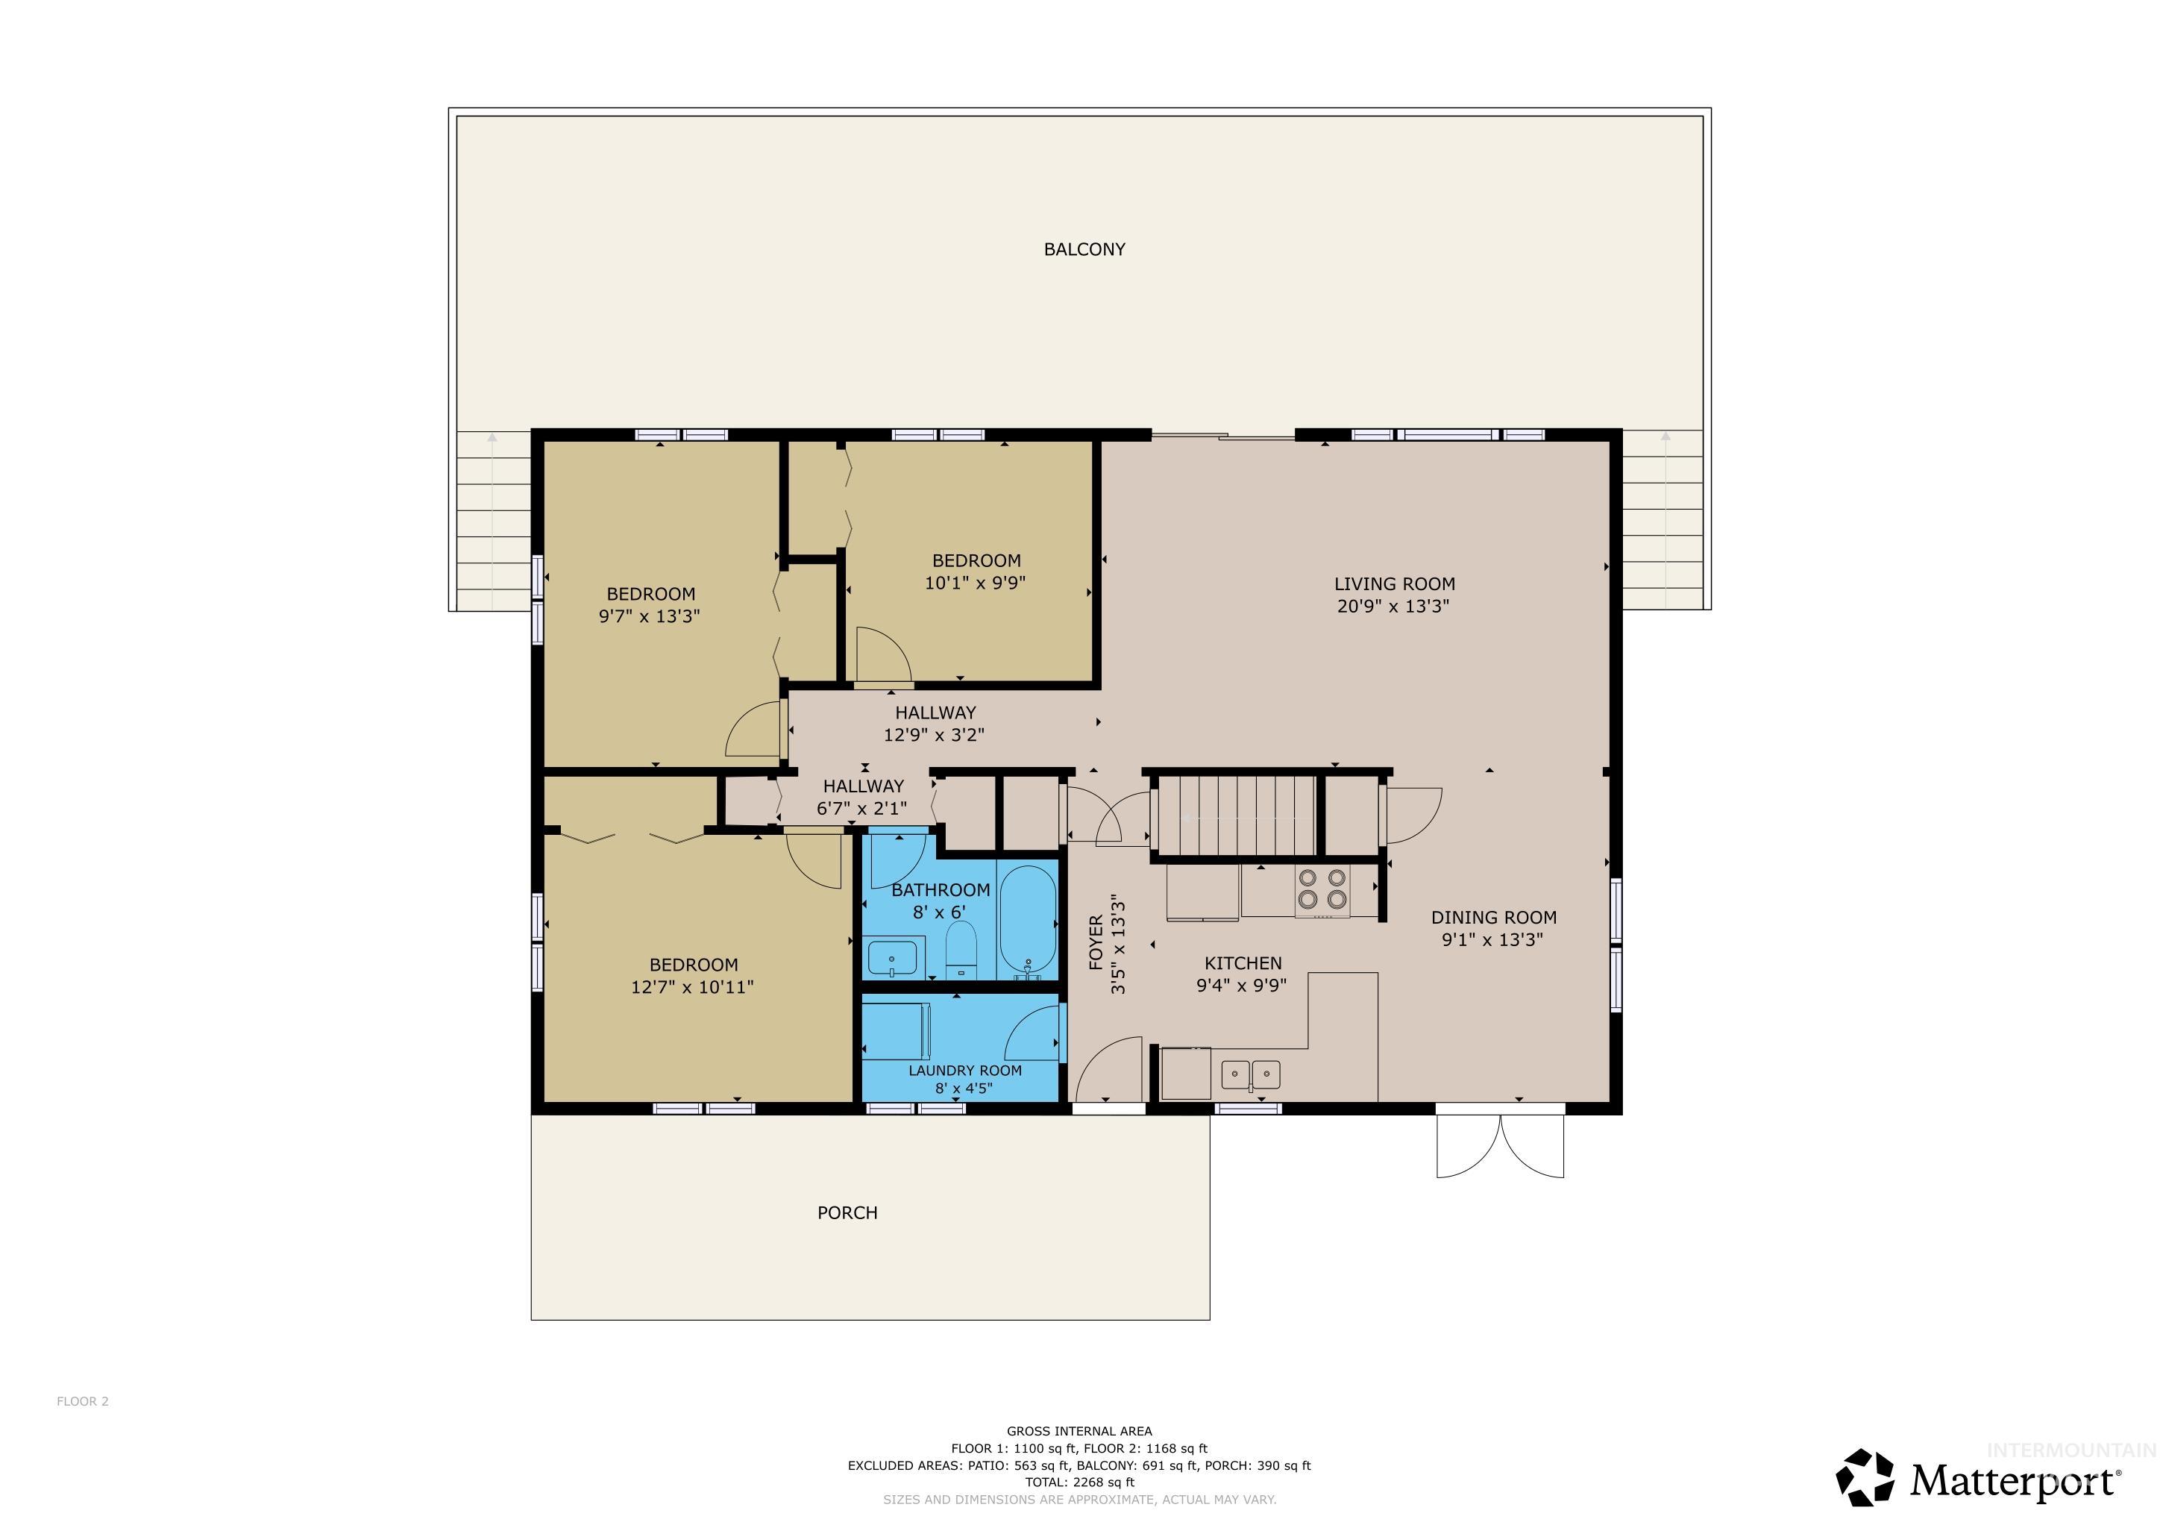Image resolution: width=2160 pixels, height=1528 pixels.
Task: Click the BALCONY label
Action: coord(1084,249)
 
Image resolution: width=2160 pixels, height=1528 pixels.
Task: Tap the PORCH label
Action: coord(847,1213)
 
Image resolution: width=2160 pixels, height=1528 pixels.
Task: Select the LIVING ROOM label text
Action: coord(1393,583)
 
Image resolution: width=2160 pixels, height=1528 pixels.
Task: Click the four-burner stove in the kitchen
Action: coord(1322,889)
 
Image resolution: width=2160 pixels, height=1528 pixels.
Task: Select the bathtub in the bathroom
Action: coord(1029,922)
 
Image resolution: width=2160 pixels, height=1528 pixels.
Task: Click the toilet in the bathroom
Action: coord(961,951)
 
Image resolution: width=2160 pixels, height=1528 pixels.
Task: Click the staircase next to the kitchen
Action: coord(1235,815)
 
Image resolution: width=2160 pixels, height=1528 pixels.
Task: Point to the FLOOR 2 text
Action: coord(83,1401)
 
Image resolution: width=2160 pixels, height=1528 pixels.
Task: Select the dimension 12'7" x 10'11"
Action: coord(692,987)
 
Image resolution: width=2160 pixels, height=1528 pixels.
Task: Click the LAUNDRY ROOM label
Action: coord(964,1071)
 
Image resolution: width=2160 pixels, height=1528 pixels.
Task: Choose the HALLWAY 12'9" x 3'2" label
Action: coord(934,724)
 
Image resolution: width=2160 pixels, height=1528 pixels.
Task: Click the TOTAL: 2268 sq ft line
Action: coord(1079,1482)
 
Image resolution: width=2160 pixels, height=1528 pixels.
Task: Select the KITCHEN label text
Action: coord(1243,962)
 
